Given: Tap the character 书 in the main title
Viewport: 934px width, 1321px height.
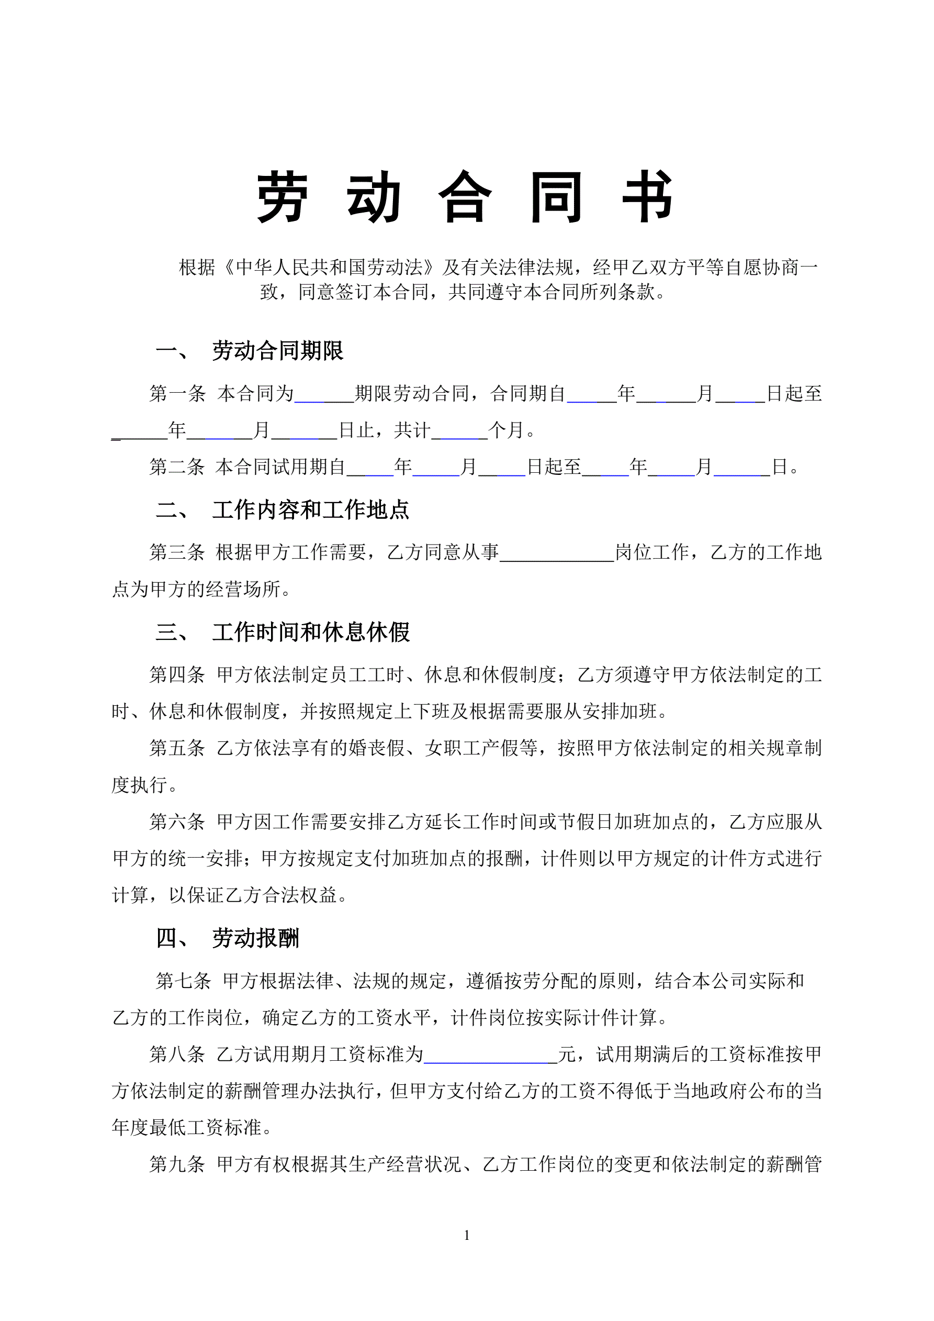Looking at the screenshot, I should (648, 197).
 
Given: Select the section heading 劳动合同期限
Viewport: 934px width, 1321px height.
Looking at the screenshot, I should (278, 351).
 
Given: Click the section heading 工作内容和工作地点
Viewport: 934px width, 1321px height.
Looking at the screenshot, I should (311, 510).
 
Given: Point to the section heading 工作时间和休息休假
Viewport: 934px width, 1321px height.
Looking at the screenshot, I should (311, 632).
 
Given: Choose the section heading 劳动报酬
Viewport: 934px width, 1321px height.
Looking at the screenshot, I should (255, 938).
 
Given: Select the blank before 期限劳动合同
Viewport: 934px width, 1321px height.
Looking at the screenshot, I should (324, 395).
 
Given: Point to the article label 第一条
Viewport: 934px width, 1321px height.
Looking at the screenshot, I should (177, 394).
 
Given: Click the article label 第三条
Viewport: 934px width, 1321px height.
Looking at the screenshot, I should (177, 553).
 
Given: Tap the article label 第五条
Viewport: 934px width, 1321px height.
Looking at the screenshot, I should (177, 749).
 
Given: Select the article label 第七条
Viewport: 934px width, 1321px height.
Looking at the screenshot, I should (184, 981).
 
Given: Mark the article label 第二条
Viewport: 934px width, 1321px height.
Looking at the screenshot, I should (177, 467).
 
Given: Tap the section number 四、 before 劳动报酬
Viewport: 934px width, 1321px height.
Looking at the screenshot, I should (172, 938).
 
